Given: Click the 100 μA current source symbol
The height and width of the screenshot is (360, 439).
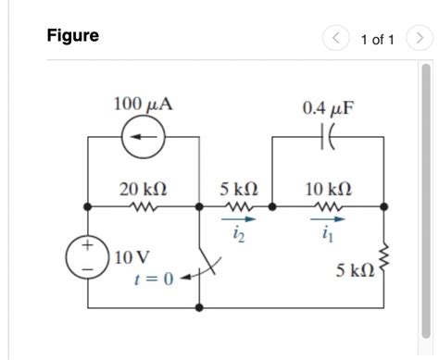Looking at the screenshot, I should pos(144,138).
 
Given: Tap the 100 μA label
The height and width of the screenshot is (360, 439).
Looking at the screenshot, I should pos(143,103).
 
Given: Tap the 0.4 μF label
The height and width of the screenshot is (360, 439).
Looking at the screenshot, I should pos(328,108).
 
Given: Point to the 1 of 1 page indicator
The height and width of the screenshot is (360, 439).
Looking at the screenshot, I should pos(377,39).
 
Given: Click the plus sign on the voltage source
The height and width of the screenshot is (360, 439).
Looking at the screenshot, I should pos(87,247).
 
